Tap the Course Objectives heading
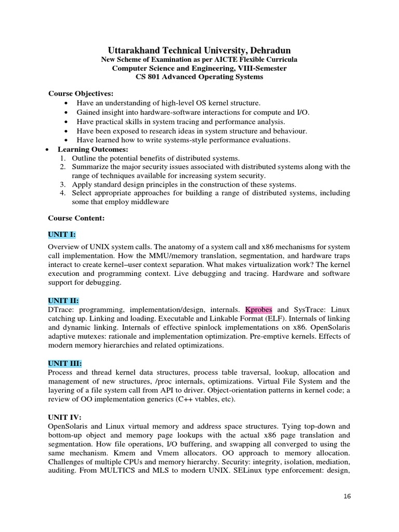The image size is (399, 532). click(81, 94)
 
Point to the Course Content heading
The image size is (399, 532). click(76, 219)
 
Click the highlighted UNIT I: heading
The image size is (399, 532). click(62, 235)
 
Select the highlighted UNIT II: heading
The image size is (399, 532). click(63, 301)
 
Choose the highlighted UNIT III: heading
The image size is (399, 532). click(65, 363)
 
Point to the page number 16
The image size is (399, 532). click(348, 496)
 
